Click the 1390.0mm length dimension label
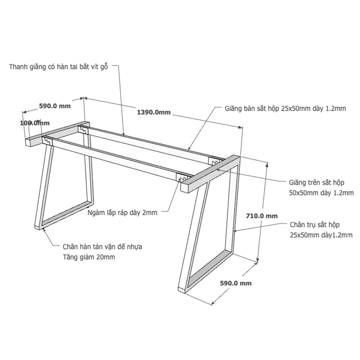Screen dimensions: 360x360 (154, 112)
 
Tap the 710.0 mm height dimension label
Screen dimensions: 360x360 (262, 216)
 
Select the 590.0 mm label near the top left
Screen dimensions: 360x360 (55, 106)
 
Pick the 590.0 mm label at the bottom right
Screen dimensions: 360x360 (236, 283)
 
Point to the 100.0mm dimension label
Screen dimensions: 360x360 (35, 123)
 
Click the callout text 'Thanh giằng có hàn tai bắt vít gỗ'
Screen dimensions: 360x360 (59, 67)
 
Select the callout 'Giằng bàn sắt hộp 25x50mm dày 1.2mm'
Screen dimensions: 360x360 (285, 108)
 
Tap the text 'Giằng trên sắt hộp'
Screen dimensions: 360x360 (316, 183)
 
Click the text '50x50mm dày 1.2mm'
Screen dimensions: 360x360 (321, 193)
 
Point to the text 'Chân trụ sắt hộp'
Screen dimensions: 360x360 (315, 225)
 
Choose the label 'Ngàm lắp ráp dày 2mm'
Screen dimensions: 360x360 (122, 213)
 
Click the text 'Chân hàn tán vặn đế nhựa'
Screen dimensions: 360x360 (102, 247)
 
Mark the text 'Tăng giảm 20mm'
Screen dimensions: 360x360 (89, 257)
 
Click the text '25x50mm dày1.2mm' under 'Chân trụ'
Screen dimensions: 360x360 (321, 235)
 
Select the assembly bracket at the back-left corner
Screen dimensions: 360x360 (83, 130)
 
